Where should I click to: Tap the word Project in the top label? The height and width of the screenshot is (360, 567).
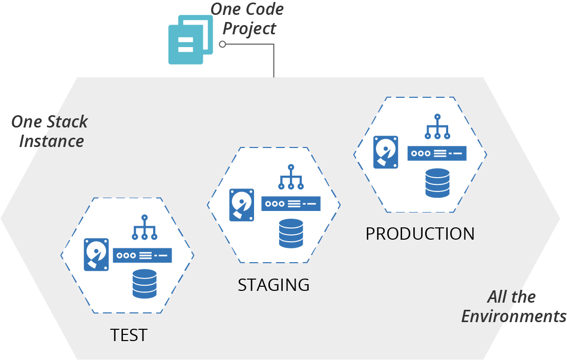coord(249,28)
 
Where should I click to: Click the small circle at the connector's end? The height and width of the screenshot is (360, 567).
coord(222,45)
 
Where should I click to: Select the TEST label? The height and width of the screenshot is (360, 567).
coord(129,335)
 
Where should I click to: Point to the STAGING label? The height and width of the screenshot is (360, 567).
coord(274,285)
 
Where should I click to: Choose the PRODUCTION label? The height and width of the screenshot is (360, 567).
coord(420,234)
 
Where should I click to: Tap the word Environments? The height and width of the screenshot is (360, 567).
coord(514,316)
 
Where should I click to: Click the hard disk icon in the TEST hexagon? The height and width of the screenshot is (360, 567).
coord(96,254)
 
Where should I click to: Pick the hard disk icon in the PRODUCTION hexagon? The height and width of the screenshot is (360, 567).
coord(386,152)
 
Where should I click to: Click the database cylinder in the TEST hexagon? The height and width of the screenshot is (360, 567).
coord(144,283)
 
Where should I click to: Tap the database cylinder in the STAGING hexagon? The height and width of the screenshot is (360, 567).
coord(291,233)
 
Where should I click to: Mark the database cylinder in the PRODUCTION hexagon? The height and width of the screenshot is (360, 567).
coord(437,183)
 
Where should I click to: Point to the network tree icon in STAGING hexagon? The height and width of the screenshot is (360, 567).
coord(291,177)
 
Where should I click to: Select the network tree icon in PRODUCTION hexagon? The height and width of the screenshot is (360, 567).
coord(437,126)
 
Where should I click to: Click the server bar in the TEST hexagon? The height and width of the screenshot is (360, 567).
coord(142,255)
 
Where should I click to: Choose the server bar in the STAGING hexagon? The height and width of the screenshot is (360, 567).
coord(291,204)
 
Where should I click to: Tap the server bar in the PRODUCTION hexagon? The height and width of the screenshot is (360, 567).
coord(437,153)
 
